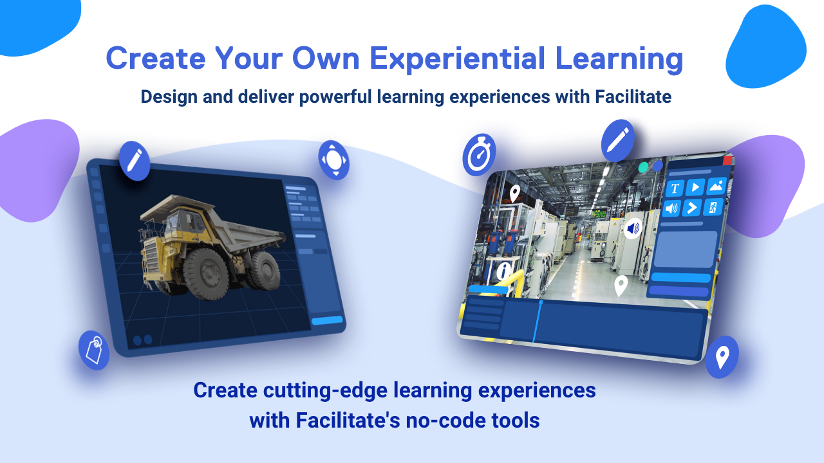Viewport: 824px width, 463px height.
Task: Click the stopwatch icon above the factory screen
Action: pos(479,155)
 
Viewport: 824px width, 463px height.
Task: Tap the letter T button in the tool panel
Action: pos(675,188)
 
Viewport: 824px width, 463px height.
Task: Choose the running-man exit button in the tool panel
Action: pos(713,207)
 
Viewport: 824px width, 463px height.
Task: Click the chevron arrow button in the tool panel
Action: pos(691,208)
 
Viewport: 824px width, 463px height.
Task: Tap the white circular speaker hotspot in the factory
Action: pos(633,228)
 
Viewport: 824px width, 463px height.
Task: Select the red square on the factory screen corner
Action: pos(727,160)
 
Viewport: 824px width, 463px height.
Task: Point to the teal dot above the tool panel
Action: pos(643,167)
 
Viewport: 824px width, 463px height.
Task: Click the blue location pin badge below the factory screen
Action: pos(722,357)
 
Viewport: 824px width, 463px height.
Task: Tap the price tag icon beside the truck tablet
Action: pos(94,350)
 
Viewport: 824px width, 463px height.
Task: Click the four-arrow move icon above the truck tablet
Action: pos(334,159)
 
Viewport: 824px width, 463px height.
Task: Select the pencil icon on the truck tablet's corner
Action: pos(135,160)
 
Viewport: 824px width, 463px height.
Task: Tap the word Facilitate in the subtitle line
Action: pos(633,96)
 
